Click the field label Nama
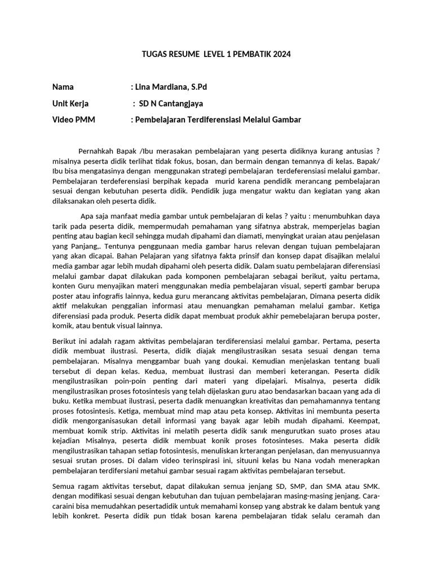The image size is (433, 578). click(63, 87)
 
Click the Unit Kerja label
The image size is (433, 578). click(70, 103)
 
